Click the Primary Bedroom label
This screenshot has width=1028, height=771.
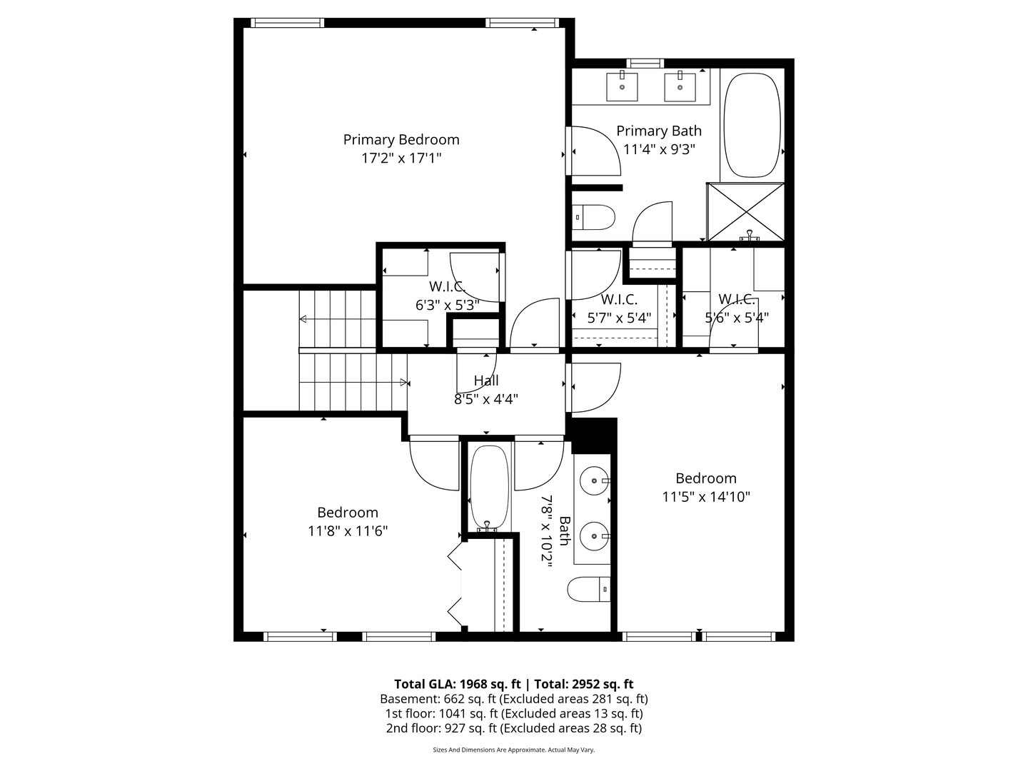[x=400, y=139]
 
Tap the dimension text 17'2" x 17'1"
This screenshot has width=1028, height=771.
[x=400, y=158]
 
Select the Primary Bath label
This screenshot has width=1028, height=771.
[x=658, y=131]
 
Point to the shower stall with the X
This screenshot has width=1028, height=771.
[x=745, y=211]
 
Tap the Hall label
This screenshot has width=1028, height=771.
[x=486, y=381]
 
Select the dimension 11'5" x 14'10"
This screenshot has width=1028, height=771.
[x=705, y=497]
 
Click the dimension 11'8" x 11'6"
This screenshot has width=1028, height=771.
[x=348, y=531]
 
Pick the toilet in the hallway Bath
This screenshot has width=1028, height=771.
[x=589, y=590]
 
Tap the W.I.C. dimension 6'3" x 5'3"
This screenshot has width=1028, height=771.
[x=447, y=305]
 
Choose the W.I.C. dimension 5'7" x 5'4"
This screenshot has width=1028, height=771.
[x=619, y=318]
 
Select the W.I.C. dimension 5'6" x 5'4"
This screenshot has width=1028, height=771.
[x=736, y=318]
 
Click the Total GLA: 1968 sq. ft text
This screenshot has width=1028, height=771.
[x=451, y=684]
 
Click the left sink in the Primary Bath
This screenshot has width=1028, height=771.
[x=623, y=86]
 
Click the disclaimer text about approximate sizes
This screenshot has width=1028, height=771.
[x=513, y=750]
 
